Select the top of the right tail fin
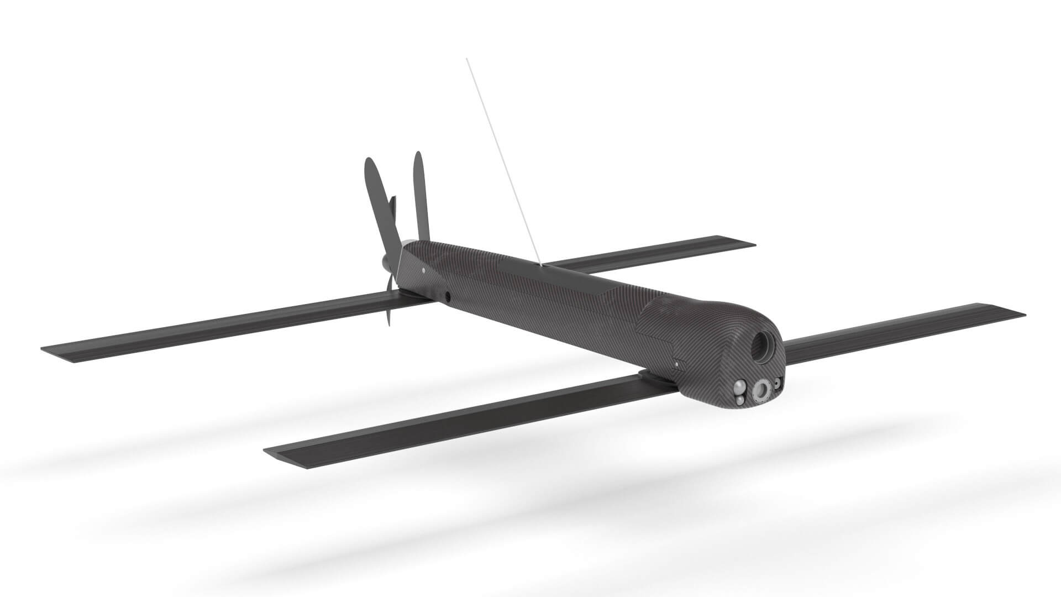coord(418,154)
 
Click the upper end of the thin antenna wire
coord(467,59)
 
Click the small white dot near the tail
coord(423,271)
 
